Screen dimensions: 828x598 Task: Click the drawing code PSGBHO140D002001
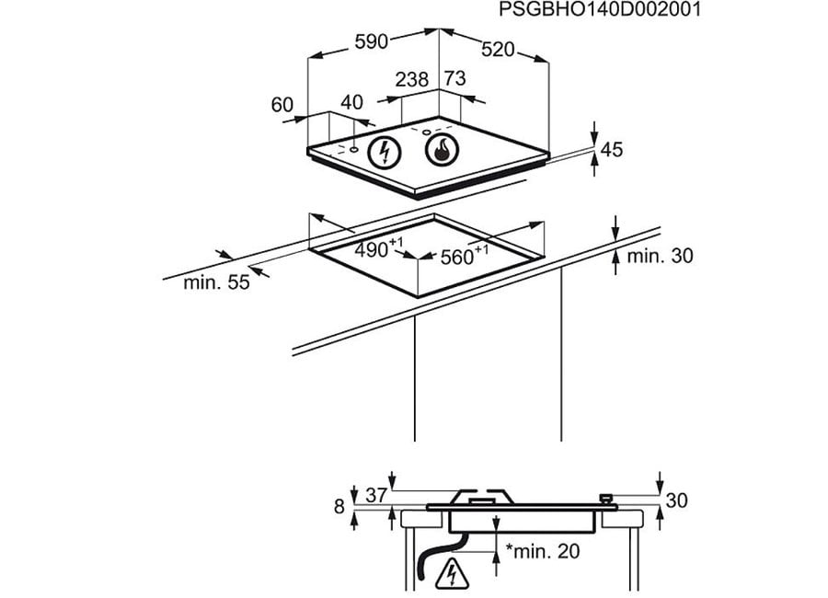click(x=600, y=9)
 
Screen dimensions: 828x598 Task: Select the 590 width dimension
click(x=372, y=41)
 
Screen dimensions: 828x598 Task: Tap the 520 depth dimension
click(x=498, y=49)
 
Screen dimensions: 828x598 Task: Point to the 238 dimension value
click(x=412, y=79)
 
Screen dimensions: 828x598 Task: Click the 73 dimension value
click(x=454, y=78)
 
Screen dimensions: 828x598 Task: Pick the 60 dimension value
click(x=282, y=105)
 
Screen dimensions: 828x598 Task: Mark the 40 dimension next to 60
click(x=351, y=102)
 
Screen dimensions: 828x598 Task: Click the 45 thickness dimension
click(x=612, y=149)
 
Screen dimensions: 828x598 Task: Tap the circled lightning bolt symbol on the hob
click(x=384, y=152)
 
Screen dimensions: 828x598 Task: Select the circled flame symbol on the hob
click(x=442, y=149)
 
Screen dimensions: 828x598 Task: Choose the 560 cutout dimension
click(x=465, y=255)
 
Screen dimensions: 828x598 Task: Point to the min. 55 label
click(x=216, y=282)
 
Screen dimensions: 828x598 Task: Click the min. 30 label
click(x=660, y=256)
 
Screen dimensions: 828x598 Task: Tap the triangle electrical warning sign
click(x=452, y=573)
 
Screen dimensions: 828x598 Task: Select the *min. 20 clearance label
click(x=543, y=551)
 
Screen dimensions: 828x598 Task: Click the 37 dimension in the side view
click(x=376, y=495)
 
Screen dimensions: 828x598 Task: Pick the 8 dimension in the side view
click(x=339, y=506)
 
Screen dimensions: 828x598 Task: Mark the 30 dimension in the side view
click(x=676, y=500)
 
